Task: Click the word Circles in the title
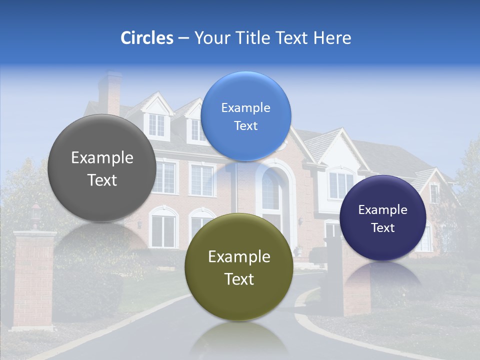point(146,38)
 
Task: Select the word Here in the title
point(332,38)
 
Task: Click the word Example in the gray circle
point(102,158)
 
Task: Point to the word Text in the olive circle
point(239,279)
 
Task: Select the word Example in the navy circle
point(382,210)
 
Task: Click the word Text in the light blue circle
point(245,126)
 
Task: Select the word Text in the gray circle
point(102,180)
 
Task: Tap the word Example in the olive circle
point(239,257)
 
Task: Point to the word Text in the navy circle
point(382,228)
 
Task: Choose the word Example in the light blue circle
point(245,108)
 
